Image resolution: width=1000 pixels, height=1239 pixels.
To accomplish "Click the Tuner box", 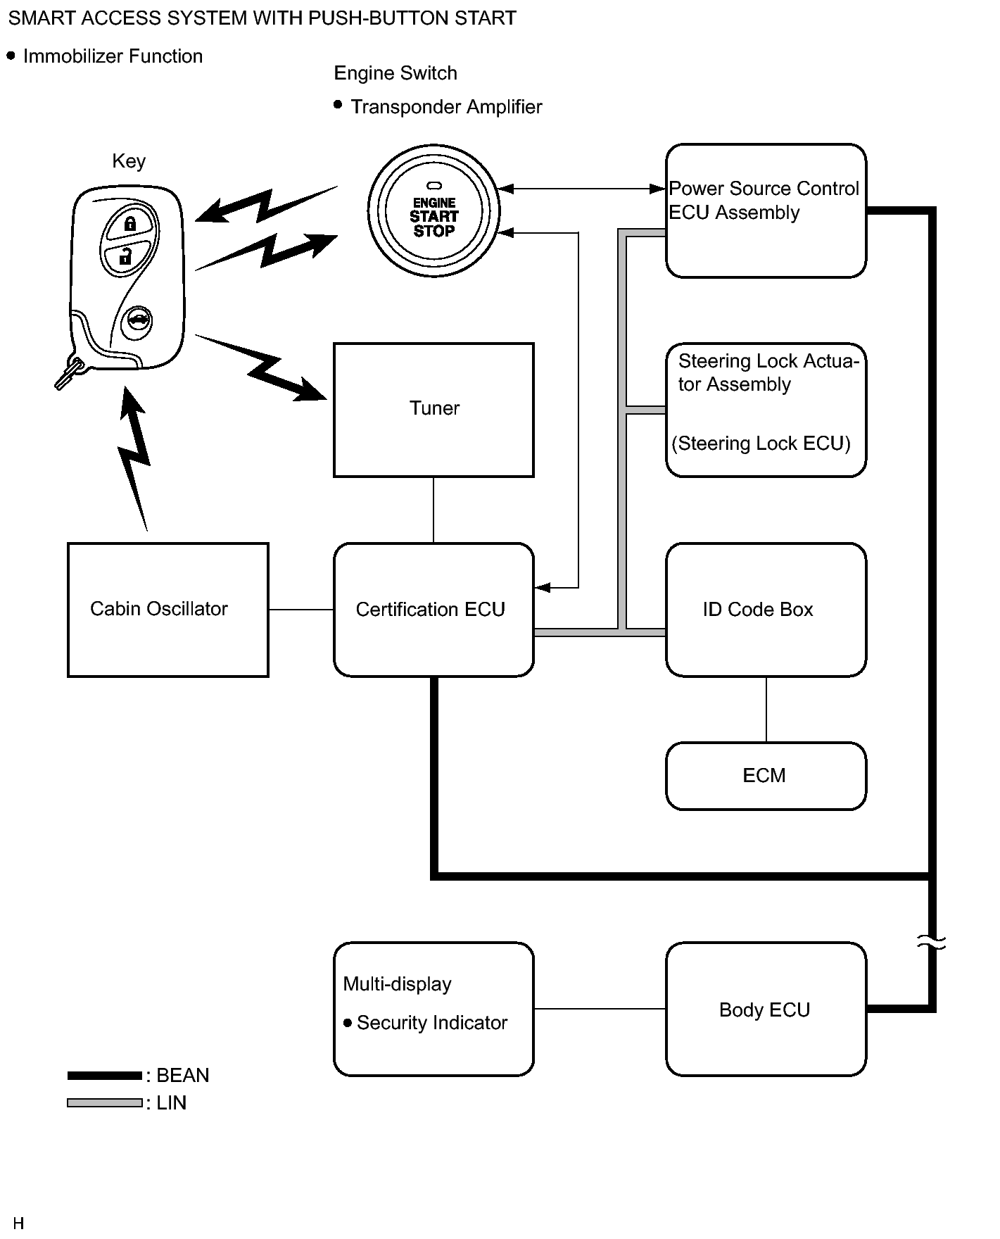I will (x=433, y=410).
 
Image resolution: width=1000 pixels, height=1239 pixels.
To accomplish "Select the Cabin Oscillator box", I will (x=167, y=610).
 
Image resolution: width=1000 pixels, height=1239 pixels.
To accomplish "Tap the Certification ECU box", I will (x=433, y=610).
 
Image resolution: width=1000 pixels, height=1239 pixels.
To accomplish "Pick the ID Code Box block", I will (x=766, y=610).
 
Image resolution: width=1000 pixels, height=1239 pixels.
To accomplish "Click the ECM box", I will (x=766, y=776).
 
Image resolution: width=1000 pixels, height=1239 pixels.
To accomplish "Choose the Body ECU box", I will (x=766, y=1010).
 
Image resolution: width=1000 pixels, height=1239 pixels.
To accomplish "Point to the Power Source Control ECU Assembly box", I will (x=766, y=210).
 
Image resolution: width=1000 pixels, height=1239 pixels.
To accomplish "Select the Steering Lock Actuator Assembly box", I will (x=766, y=410).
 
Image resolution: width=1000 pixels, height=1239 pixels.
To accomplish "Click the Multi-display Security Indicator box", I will (x=433, y=1010).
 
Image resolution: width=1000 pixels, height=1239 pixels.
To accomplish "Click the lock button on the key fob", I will (x=130, y=225).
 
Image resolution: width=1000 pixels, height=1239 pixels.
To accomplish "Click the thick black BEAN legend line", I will (x=105, y=1076).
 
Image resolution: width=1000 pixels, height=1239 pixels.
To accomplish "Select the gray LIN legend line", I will (x=105, y=1103).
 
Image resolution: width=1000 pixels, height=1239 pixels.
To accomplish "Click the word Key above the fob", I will (x=129, y=161).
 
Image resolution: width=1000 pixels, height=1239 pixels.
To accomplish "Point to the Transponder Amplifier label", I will (x=446, y=107).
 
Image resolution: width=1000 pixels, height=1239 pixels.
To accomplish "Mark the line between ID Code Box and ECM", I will (x=766, y=710).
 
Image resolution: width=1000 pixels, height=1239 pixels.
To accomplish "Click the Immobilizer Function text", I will (x=113, y=56).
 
